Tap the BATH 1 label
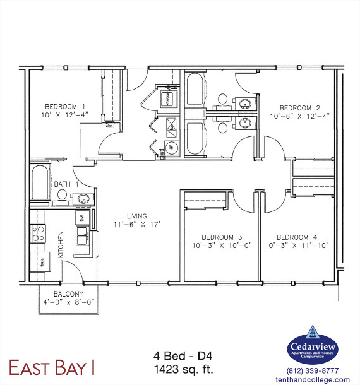click(x=66, y=184)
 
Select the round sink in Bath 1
click(x=81, y=199)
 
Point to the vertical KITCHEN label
click(x=61, y=244)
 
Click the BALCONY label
click(x=69, y=294)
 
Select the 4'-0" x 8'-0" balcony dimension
click(x=69, y=302)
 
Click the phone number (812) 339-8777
click(x=313, y=371)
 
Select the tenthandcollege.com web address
click(x=313, y=379)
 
